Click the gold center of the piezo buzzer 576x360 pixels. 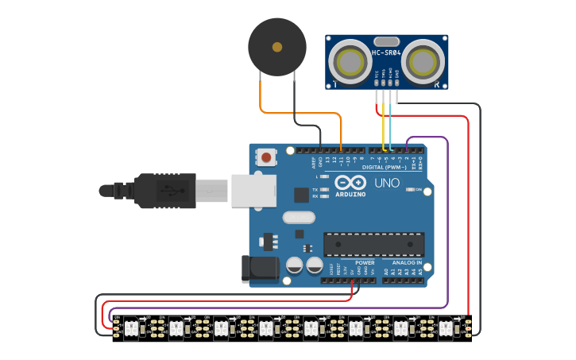click(276, 47)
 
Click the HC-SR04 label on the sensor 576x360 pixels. click(386, 52)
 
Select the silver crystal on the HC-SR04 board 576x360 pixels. click(386, 41)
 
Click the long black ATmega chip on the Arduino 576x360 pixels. click(373, 245)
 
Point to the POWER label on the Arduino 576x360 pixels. click(365, 262)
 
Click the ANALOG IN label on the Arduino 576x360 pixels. click(407, 262)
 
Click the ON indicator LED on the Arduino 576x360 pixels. click(408, 189)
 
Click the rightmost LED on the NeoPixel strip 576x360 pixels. click(446, 326)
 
